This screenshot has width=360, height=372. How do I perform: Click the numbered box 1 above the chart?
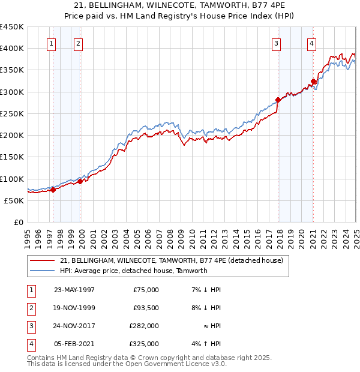tap(52, 43)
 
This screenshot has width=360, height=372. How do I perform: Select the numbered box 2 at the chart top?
tap(79, 43)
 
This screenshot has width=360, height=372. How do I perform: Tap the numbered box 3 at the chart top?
tap(276, 43)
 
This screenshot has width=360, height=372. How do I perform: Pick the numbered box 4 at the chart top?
tap(312, 43)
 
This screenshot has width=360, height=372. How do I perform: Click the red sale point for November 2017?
tap(278, 100)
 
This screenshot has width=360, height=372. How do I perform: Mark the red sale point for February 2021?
tap(313, 82)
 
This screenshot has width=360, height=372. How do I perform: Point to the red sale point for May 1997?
tap(53, 190)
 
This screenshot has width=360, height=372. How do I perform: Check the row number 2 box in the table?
tap(30, 308)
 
